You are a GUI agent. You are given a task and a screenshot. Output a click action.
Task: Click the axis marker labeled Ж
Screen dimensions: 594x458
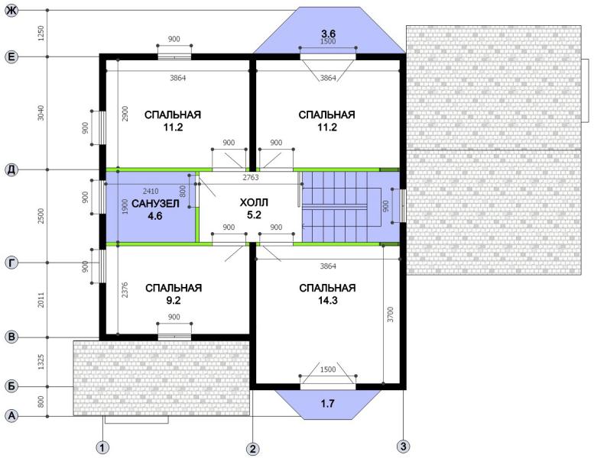tap(11, 11)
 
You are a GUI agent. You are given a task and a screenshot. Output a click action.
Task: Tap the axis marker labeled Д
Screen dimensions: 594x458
tap(11, 169)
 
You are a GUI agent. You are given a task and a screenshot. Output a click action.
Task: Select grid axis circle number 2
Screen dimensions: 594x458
tap(253, 449)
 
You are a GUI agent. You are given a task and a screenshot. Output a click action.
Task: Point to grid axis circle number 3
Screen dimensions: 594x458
tap(403, 447)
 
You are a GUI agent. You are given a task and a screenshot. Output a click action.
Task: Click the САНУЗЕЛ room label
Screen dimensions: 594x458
tap(155, 204)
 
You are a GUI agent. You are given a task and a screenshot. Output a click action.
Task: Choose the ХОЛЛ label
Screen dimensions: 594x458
tap(254, 203)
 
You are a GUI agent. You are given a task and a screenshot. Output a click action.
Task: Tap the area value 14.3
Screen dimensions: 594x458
tap(328, 301)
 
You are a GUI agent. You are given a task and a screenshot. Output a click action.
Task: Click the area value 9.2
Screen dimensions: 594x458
tap(173, 301)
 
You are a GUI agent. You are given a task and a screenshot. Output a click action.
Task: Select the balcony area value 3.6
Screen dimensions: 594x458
tap(328, 34)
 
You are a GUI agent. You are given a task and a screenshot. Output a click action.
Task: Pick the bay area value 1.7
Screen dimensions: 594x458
tap(328, 404)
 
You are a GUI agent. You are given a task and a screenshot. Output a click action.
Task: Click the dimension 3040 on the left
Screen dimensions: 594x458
tap(41, 113)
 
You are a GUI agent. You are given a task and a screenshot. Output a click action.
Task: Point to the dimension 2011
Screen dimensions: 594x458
tap(41, 299)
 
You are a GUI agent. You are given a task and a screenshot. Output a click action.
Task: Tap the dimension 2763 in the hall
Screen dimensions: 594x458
tap(251, 177)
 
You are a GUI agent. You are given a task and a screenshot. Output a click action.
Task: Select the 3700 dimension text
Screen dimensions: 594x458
tap(391, 314)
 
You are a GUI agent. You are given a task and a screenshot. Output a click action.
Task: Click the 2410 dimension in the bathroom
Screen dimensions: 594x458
tap(151, 191)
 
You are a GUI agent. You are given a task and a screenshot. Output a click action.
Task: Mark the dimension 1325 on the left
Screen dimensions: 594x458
tap(41, 362)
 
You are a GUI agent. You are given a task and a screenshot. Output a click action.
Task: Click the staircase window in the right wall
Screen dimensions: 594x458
tap(403, 206)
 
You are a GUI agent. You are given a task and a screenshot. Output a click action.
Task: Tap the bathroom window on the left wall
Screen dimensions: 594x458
tap(102, 197)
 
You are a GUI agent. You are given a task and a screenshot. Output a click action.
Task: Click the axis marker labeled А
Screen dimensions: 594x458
tap(11, 416)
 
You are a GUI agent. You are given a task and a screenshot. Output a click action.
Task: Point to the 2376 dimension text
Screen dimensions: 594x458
tap(125, 290)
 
